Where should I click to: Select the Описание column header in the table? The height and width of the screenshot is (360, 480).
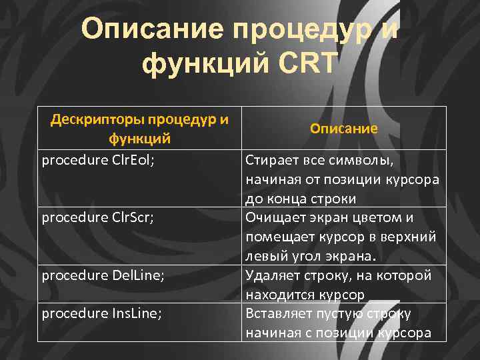tap(343, 129)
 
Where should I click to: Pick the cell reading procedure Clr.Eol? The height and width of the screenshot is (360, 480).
tap(98, 160)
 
